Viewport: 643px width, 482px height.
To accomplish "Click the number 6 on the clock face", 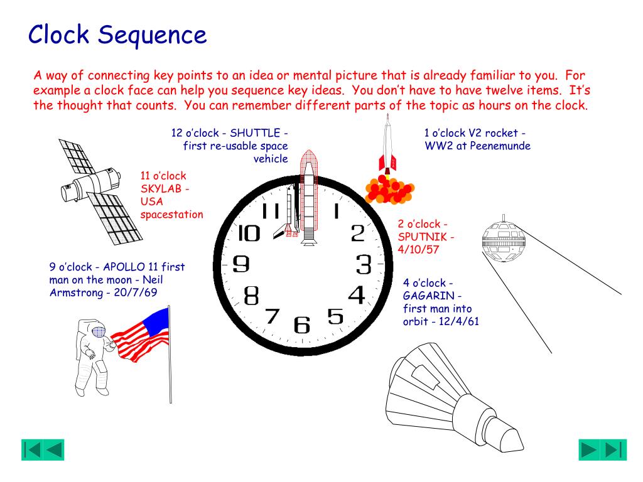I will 302,324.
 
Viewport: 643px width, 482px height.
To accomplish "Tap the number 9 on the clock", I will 240,264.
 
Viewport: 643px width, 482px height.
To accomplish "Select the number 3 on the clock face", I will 364,264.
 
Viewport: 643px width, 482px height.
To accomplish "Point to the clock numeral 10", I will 249,233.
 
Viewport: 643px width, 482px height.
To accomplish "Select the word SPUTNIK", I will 425,237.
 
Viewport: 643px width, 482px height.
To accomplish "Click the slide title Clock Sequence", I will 117,35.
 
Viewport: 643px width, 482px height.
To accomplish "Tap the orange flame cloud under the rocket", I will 390,190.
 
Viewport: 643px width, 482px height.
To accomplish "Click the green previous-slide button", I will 43,449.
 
